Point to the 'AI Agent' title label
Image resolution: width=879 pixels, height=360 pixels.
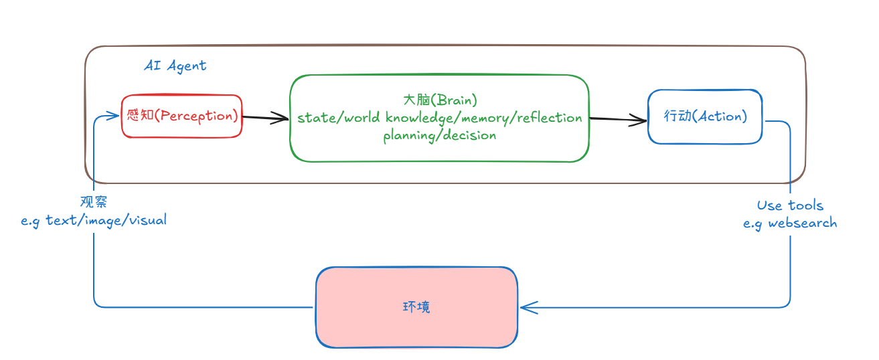pos(175,66)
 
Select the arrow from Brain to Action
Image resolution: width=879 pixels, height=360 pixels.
pos(618,120)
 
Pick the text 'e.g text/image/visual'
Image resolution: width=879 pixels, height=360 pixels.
pos(94,219)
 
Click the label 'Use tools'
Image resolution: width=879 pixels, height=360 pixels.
pos(790,205)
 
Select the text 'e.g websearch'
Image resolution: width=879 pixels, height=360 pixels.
pos(790,223)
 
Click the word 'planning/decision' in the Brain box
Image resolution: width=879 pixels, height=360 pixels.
pos(439,135)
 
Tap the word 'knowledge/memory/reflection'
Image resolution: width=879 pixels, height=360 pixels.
pos(483,118)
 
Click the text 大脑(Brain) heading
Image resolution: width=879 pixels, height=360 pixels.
pos(439,100)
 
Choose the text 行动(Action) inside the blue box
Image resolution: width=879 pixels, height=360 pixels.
pos(705,116)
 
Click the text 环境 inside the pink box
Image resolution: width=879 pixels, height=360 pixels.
pos(416,307)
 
